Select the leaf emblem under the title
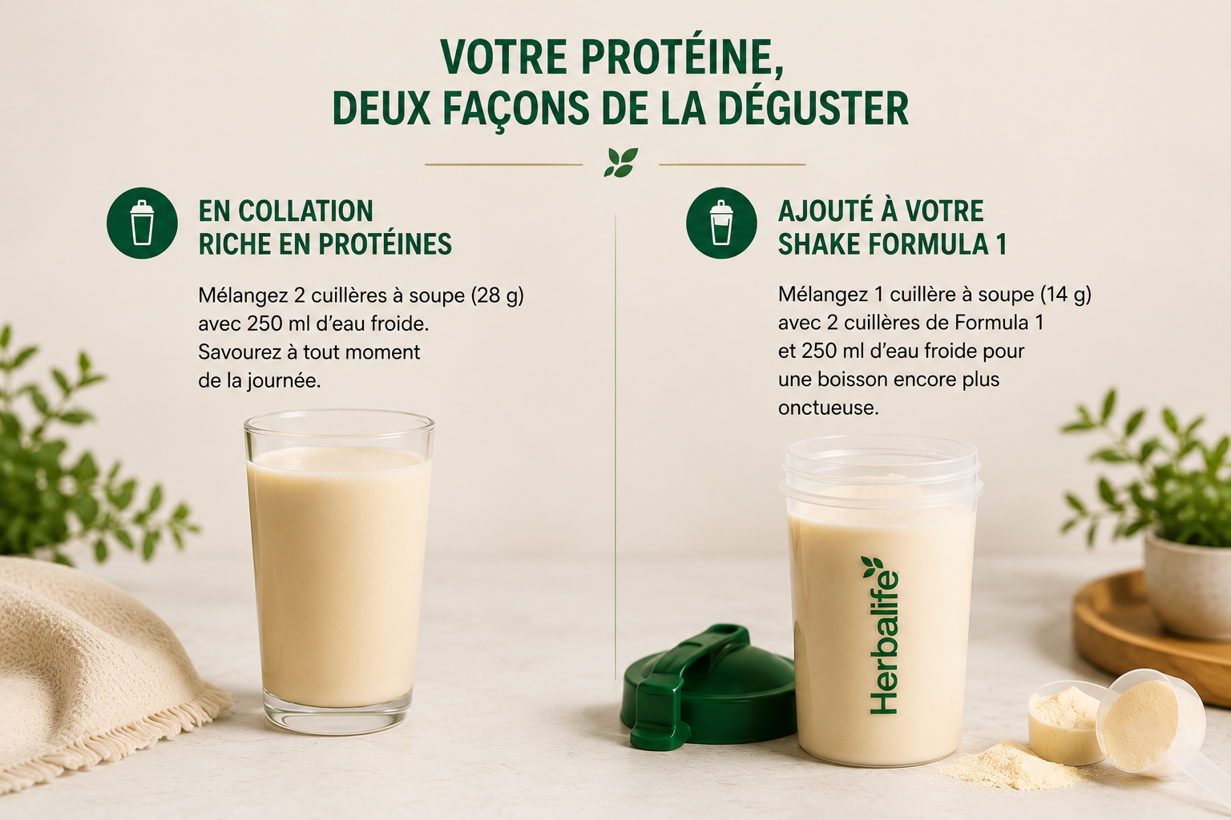621,163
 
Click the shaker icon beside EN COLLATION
142,223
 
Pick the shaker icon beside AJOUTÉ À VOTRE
721,223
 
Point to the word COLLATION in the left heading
305,211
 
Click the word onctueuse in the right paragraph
828,408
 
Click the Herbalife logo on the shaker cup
882,636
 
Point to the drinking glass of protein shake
338,572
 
